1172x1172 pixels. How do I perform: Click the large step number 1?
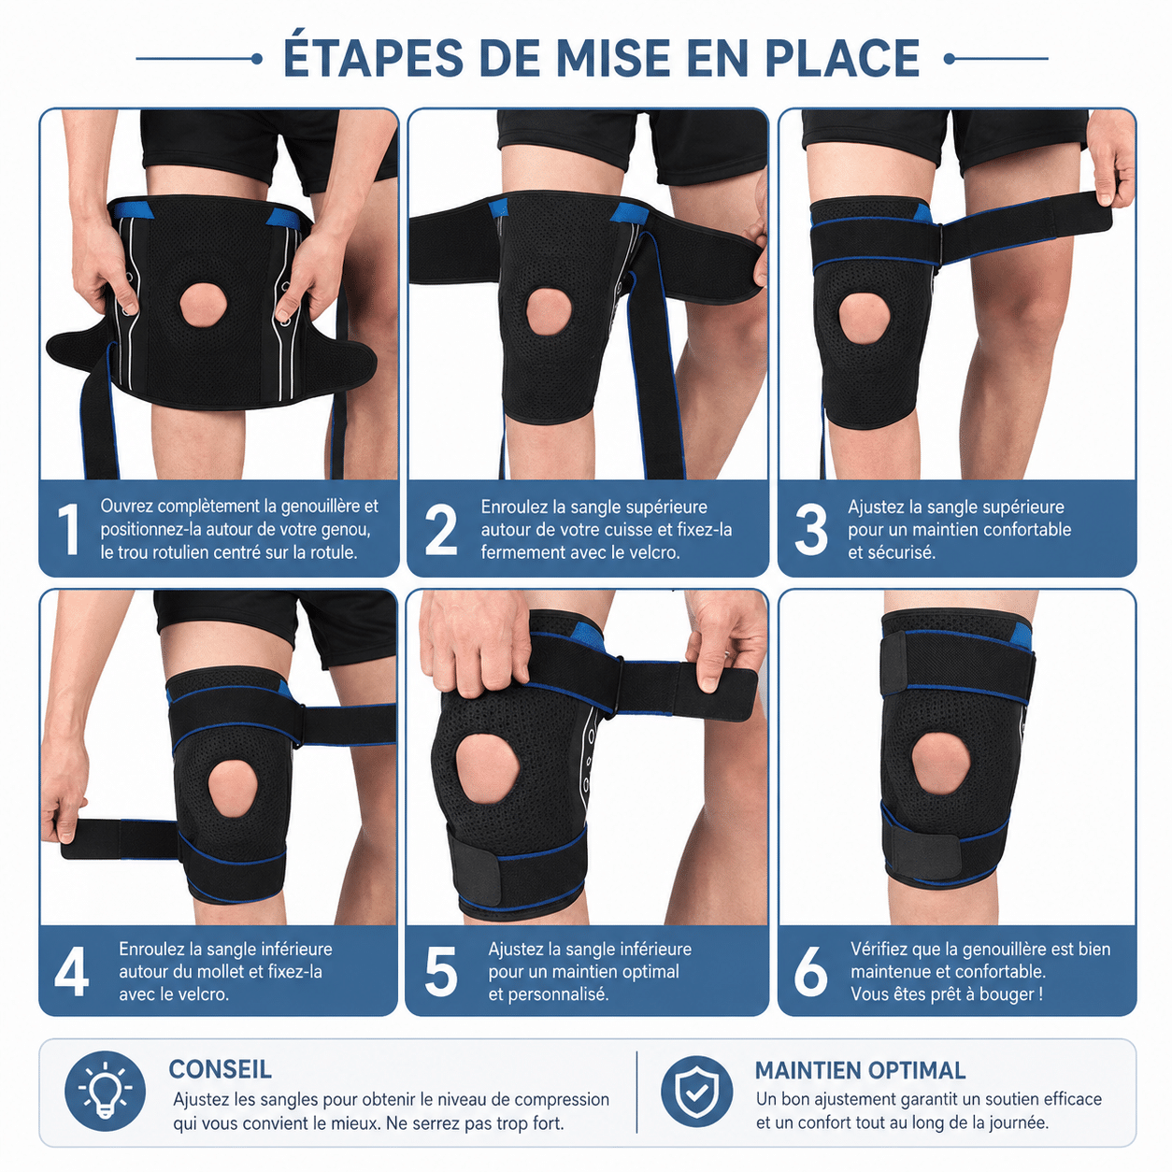(x=69, y=529)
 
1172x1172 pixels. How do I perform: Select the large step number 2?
(x=441, y=530)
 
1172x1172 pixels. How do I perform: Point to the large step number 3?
(x=810, y=530)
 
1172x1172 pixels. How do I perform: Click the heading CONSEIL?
(x=221, y=1069)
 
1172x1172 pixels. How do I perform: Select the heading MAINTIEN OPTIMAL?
(x=860, y=1070)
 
